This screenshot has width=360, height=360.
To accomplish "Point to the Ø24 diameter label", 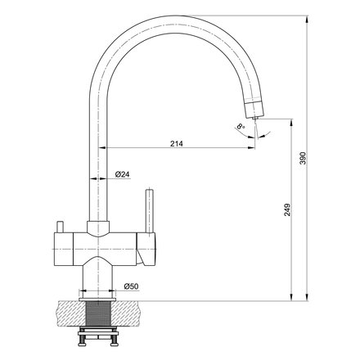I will click(121, 174).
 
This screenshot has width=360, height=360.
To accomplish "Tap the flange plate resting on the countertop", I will click(100, 299).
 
